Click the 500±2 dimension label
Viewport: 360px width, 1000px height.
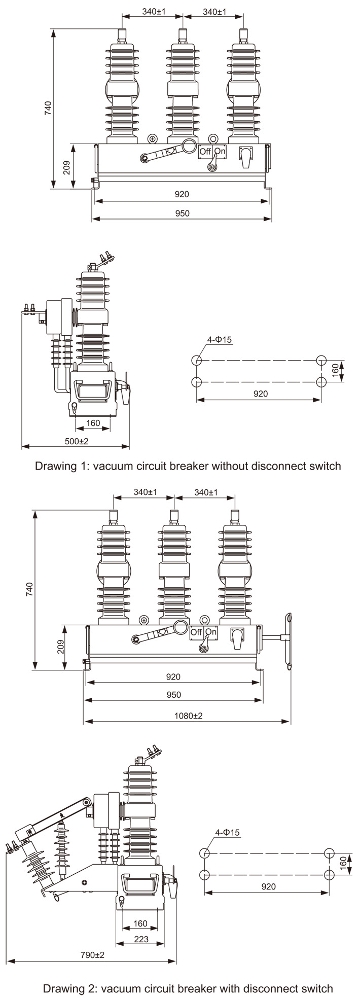point(76,441)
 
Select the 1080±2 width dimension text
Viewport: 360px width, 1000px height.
point(188,716)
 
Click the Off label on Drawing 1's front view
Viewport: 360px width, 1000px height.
point(205,151)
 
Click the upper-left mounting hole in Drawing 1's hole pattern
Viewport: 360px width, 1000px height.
point(197,361)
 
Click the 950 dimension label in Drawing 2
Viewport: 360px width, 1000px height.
point(173,695)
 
